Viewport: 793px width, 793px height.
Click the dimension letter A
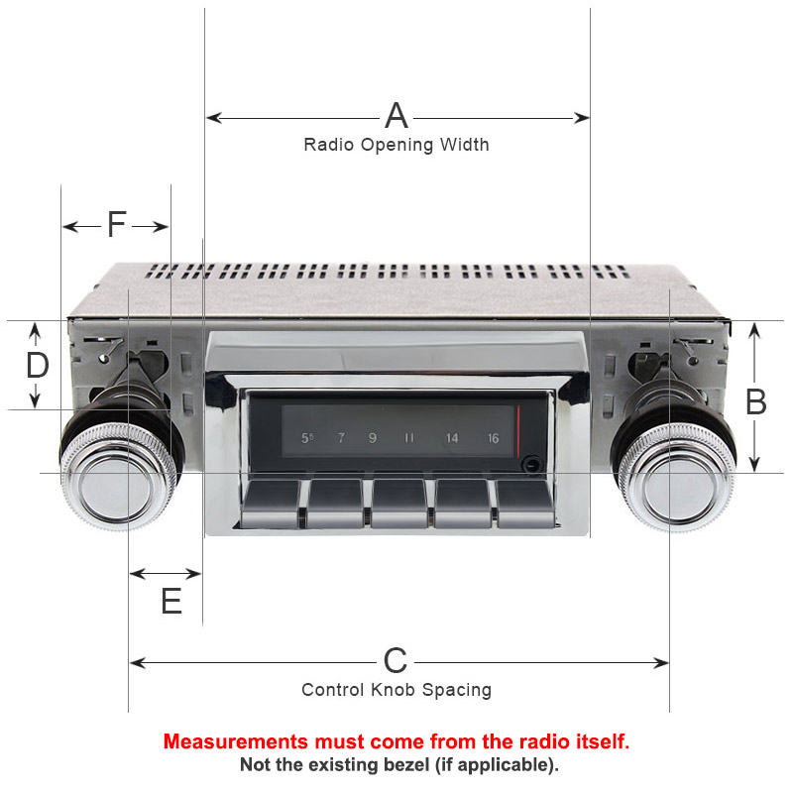coord(396,116)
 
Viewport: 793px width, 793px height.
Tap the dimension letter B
coord(756,402)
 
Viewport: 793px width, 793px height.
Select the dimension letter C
coord(395,660)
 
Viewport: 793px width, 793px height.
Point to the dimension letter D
coord(38,365)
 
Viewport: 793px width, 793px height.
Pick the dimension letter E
coord(171,601)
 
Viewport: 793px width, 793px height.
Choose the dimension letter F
coord(116,224)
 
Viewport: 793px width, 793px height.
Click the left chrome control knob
coord(118,477)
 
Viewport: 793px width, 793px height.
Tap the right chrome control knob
coord(677,478)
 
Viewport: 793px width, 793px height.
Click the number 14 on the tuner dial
coord(452,438)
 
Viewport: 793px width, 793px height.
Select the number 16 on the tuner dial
coord(493,438)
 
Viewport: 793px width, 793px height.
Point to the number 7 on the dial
coord(341,437)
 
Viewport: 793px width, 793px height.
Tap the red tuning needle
coord(518,429)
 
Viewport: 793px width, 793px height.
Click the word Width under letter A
coord(464,145)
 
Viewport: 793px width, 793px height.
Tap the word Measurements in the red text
coord(236,741)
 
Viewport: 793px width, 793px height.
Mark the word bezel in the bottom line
coord(404,764)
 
